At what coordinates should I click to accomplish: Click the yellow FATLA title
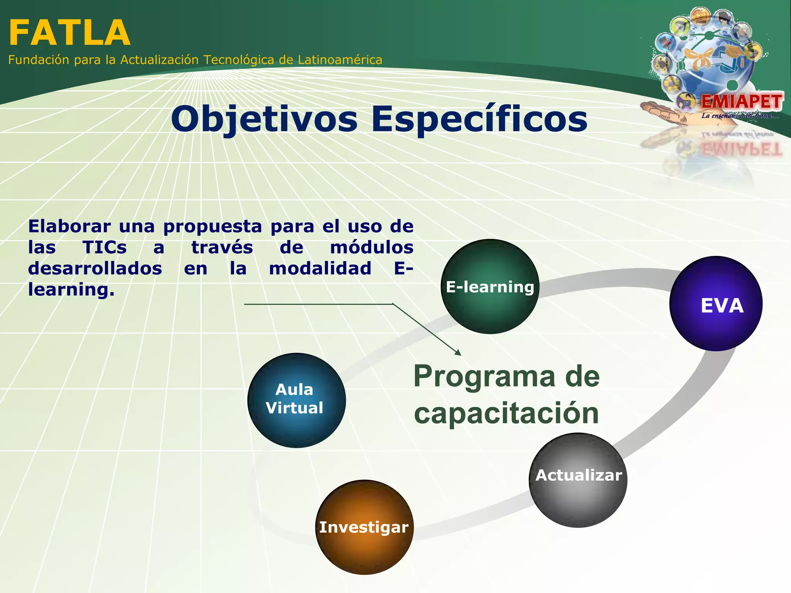[x=70, y=33]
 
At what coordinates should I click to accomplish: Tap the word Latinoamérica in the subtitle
[x=340, y=60]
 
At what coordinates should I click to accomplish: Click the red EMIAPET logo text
[x=742, y=102]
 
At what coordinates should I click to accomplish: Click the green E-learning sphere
[x=490, y=286]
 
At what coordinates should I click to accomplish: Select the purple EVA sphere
[x=716, y=304]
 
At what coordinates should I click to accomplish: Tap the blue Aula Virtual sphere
[x=296, y=400]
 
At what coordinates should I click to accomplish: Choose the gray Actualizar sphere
[x=578, y=480]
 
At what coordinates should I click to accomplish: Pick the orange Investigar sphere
[x=364, y=527]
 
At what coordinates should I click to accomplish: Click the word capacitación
[x=506, y=413]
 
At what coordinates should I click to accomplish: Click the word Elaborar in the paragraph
[x=70, y=226]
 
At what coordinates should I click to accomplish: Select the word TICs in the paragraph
[x=104, y=247]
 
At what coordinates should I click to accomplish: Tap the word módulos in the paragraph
[x=372, y=247]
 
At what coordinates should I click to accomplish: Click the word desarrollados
[x=95, y=268]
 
